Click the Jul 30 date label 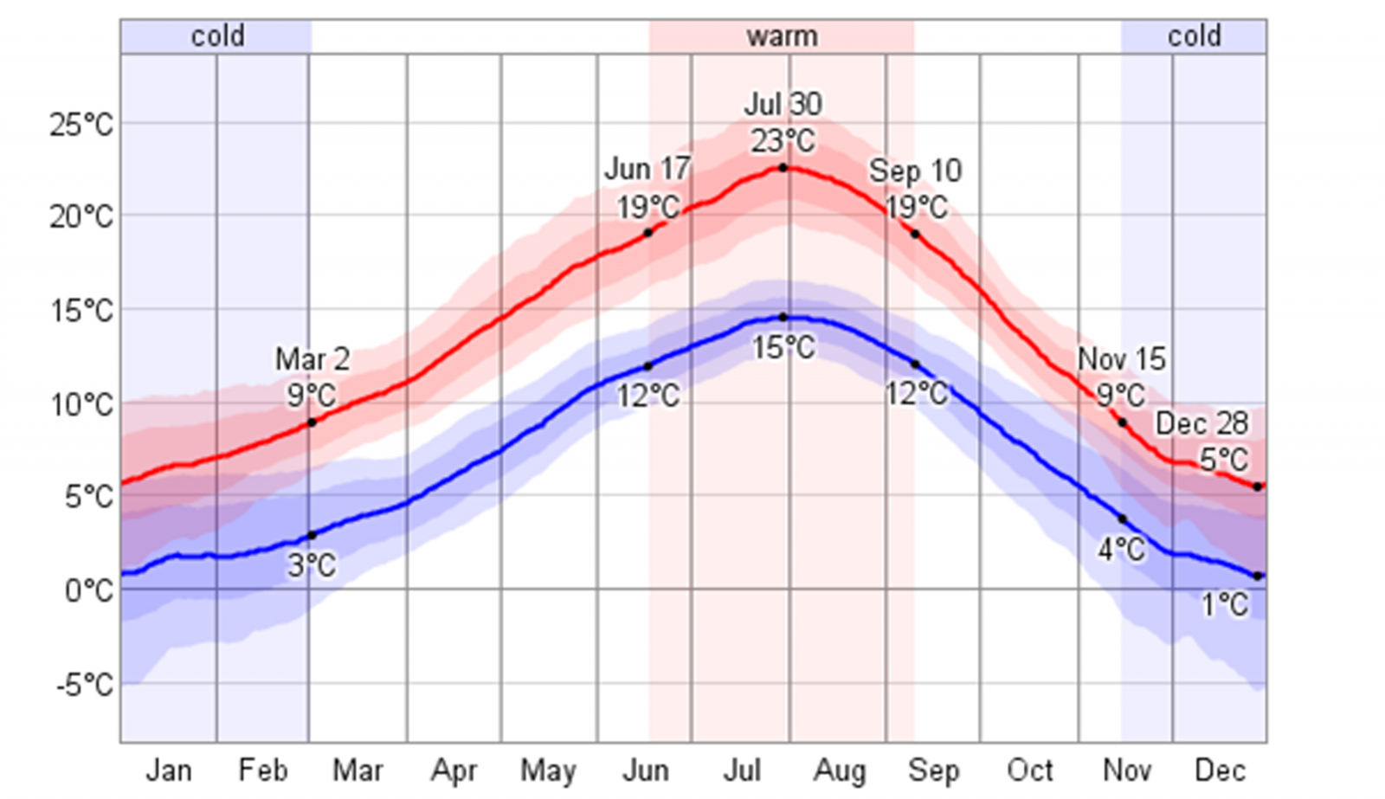coord(783,104)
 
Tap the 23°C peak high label coord(783,140)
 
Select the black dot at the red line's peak coord(783,168)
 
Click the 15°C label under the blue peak coord(783,348)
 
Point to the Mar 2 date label coord(312,359)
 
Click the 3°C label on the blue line coord(312,566)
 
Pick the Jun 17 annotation coord(647,169)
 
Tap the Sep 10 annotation coord(915,171)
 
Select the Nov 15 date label coord(1121,358)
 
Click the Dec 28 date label coord(1201,423)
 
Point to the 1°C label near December coord(1225,604)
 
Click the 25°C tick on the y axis coord(81,126)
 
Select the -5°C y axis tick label coord(85,685)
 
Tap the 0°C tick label coord(88,591)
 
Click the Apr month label coord(454,770)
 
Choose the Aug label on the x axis coord(838,770)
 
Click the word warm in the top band coord(782,36)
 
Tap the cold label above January coord(217,36)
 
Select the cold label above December coord(1194,36)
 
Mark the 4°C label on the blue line coord(1121,549)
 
